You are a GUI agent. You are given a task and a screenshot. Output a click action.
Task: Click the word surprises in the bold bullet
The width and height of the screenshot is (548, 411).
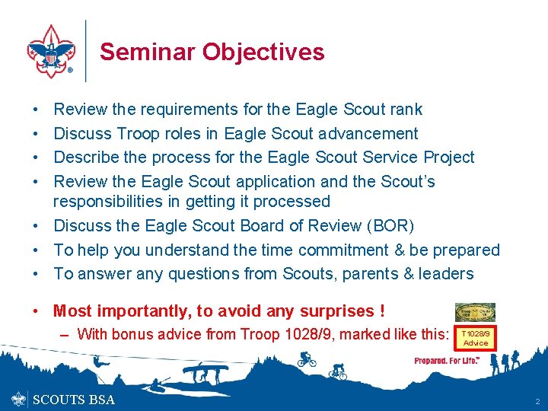pos(331,311)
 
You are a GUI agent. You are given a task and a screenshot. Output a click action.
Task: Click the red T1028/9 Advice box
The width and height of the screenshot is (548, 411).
pos(476,338)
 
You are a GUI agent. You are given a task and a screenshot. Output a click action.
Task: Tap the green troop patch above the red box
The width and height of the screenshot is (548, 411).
pos(475,312)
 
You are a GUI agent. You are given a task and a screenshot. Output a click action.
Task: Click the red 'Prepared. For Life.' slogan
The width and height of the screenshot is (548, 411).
pos(447,361)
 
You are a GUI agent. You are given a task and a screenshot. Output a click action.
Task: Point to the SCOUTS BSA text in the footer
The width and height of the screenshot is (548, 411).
pos(75,400)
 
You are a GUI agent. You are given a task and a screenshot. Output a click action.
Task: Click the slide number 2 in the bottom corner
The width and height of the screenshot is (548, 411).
pos(537,400)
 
